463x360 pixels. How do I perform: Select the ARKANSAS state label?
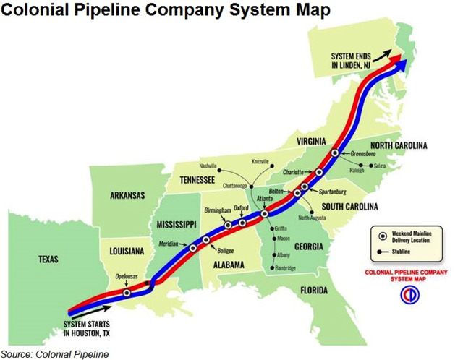tap(127, 195)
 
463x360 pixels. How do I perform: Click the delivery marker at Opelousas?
tap(127, 293)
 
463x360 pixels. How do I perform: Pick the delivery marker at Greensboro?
tap(335, 153)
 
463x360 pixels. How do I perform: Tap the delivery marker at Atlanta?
tap(265, 213)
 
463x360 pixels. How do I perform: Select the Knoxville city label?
tap(260, 161)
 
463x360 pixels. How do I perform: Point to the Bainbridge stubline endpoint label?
tap(287, 268)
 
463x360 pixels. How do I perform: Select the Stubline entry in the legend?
tap(402, 252)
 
